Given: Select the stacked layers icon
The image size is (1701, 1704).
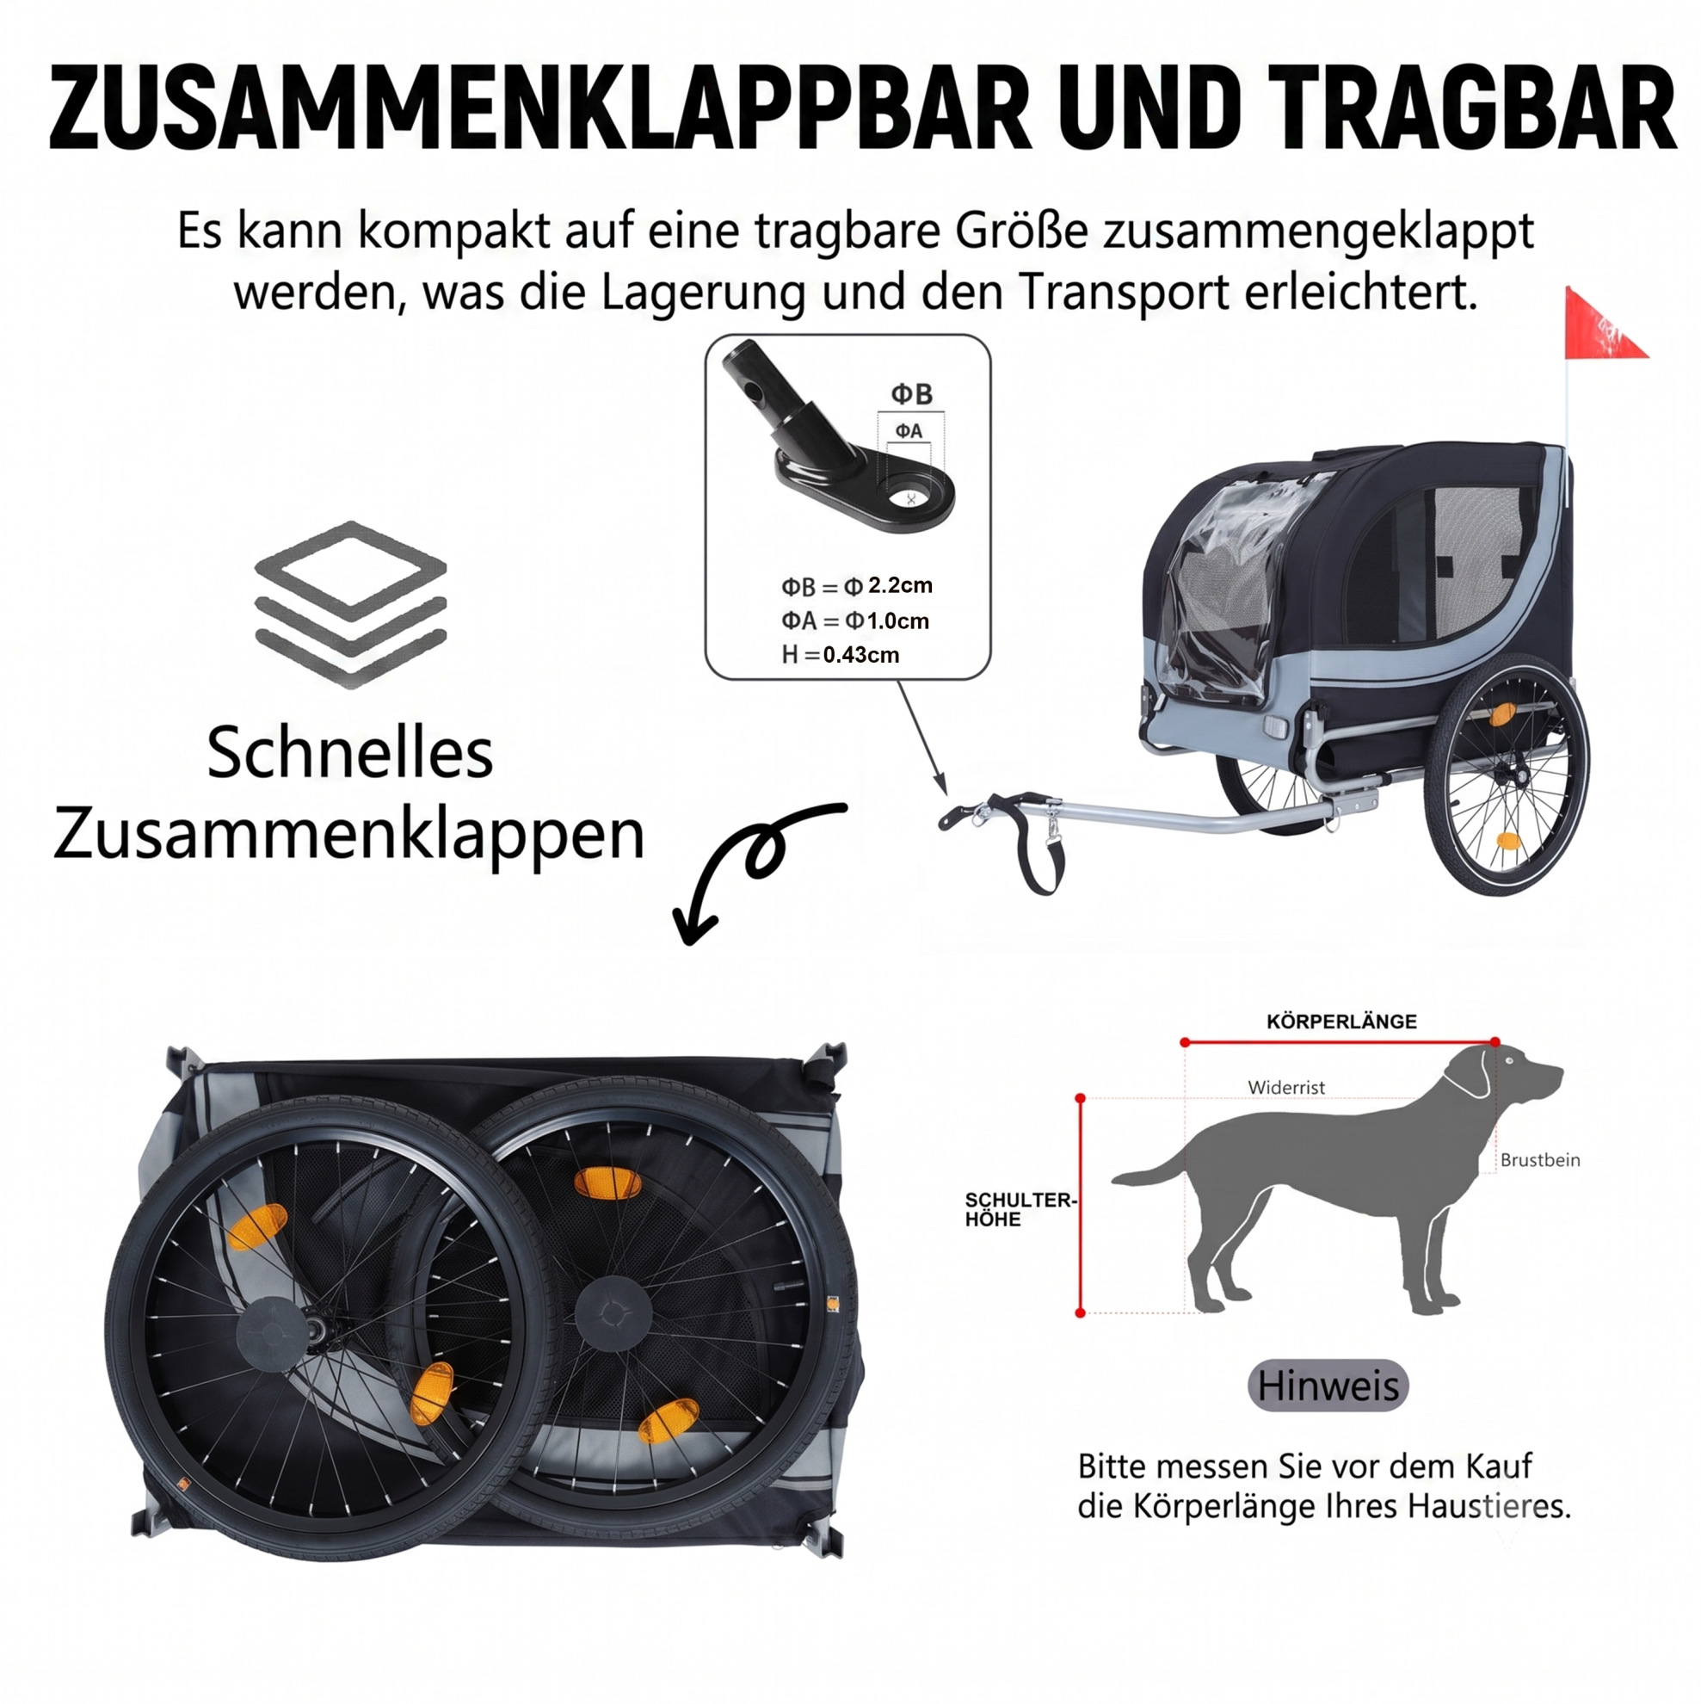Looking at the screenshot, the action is [350, 604].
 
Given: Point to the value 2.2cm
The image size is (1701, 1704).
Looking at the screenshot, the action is [899, 584].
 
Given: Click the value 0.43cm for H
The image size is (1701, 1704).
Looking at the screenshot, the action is [860, 654].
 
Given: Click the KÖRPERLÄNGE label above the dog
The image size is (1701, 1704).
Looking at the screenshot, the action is [1341, 1022].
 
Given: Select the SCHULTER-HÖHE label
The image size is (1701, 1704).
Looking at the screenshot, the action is [1020, 1209].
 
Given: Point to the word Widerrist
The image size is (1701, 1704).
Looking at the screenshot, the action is [1285, 1088].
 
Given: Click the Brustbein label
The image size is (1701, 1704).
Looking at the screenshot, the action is [1539, 1160].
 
